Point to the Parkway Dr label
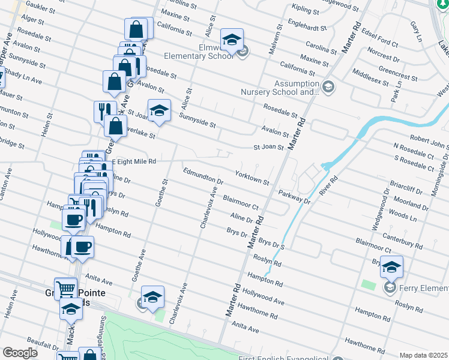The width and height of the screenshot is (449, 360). point(294,197)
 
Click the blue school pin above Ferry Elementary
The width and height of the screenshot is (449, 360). point(391,267)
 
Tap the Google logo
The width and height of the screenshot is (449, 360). point(20,352)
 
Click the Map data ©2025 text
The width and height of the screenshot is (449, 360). point(423,355)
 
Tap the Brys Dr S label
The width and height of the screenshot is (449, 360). point(271,244)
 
